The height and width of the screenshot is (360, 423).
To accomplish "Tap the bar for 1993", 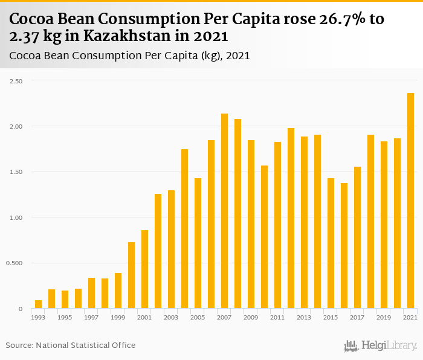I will point(39,304).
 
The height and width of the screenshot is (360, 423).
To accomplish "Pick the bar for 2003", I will point(172,249).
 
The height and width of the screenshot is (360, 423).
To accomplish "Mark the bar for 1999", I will point(118,291).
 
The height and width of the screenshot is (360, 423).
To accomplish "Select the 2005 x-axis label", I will point(198,318).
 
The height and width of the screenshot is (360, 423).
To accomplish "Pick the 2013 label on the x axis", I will point(304,318).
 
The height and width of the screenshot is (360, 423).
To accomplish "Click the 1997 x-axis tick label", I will point(91,318).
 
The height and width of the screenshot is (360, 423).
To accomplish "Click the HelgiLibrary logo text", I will point(388,346).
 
